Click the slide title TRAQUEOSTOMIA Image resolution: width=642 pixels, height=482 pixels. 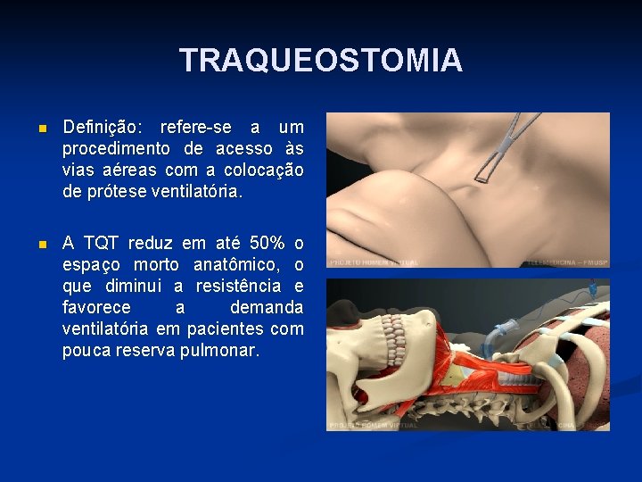[321, 61]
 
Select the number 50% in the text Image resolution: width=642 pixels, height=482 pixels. [267, 243]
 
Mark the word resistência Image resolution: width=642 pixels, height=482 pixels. [241, 286]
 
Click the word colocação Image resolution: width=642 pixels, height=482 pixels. [261, 170]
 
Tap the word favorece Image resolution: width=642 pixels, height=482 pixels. [95, 307]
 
